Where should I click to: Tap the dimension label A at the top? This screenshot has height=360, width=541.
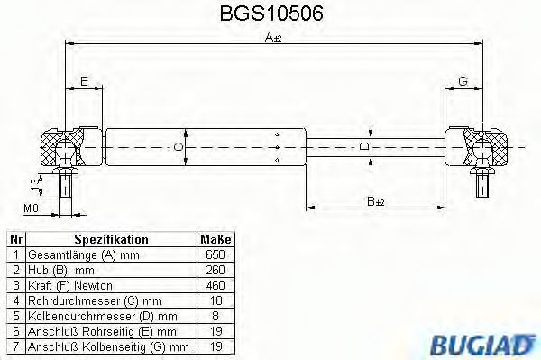tap(271, 37)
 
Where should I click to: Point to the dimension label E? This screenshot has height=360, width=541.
tap(84, 82)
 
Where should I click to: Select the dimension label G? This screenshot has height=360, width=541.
tap(462, 82)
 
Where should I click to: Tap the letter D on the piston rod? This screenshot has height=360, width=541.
tap(365, 145)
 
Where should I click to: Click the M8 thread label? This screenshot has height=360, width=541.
tap(30, 209)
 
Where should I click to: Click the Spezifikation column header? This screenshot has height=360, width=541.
tap(111, 240)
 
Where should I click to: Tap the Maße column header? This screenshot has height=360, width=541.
tap(215, 240)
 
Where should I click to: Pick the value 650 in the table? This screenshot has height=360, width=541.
tap(215, 254)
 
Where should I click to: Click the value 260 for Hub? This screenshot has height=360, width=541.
tap(215, 269)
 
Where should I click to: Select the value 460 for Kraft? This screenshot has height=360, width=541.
tap(215, 283)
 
